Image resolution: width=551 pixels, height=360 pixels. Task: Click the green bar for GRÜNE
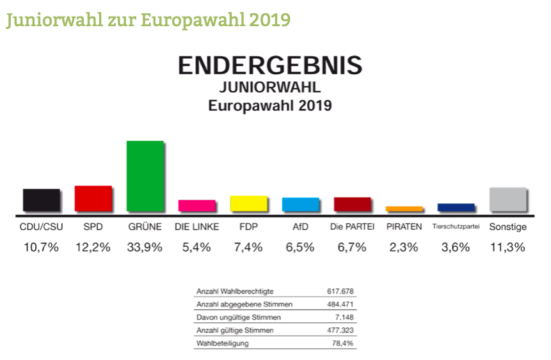145,176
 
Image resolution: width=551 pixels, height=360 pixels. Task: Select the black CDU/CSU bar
42,200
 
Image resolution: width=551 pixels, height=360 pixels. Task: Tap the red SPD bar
93,198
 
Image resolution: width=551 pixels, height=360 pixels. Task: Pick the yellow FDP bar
248,203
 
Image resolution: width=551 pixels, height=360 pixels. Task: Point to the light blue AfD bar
300,204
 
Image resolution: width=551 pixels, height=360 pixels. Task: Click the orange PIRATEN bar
404,208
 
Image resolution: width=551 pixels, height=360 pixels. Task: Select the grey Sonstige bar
507,199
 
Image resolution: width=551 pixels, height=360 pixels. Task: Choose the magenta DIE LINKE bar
196,205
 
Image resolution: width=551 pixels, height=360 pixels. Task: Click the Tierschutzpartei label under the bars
456,227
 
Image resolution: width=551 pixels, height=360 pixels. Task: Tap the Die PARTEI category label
352,227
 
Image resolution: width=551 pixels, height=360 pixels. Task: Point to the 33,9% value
145,247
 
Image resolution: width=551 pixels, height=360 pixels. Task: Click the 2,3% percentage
404,247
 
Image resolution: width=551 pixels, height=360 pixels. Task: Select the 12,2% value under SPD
93,247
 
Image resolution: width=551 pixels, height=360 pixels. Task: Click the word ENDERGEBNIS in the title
269,65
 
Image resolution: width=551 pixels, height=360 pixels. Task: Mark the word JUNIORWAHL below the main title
269,87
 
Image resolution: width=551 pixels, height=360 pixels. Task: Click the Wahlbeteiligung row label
222,343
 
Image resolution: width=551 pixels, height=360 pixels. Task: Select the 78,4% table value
342,343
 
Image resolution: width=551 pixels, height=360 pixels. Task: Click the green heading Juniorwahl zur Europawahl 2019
148,20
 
